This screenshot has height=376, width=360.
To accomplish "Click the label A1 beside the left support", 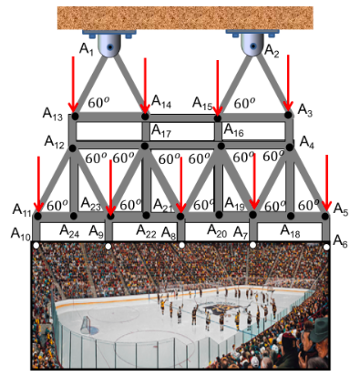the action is (87, 49).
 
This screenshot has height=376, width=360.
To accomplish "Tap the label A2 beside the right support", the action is (272, 50).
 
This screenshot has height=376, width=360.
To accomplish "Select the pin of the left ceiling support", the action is (110, 47).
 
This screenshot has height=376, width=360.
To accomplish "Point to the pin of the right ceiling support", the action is (252, 46).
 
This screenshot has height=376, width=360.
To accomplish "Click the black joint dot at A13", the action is (75, 116).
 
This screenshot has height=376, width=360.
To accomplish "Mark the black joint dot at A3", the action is (288, 115).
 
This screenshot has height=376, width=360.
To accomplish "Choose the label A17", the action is (161, 131).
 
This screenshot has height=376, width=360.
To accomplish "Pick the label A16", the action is (233, 130).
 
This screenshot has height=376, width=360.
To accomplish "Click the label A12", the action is (54, 142).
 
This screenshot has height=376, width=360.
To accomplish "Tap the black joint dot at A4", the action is (290, 147).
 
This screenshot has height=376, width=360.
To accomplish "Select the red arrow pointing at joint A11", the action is (38, 184).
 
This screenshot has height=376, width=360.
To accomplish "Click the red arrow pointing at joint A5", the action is (327, 183).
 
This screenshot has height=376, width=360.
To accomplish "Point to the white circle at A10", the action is (36, 246).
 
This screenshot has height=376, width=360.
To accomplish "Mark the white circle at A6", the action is (326, 247).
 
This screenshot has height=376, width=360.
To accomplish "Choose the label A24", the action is (69, 231).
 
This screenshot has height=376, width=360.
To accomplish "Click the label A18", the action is (290, 231).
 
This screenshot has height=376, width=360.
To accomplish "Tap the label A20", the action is (217, 231).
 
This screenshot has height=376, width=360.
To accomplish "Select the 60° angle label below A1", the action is (98, 103).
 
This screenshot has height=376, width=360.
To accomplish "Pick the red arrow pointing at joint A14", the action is (145, 86).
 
